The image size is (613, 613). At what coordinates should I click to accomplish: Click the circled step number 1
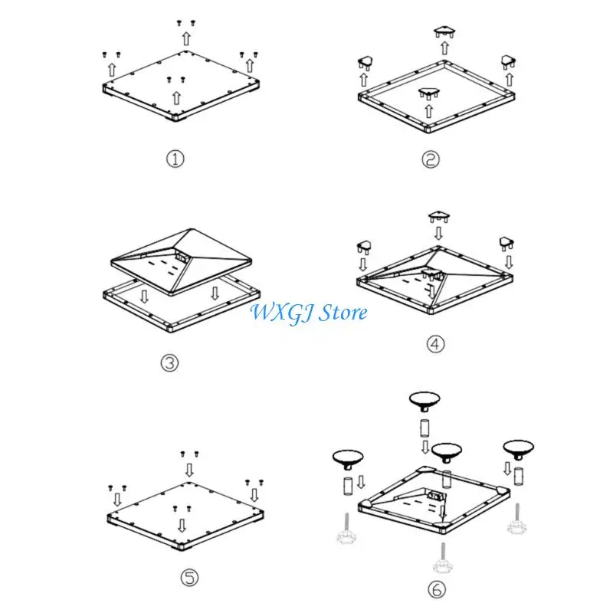pyautogui.click(x=175, y=159)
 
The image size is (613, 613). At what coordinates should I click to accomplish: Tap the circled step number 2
pyautogui.click(x=431, y=159)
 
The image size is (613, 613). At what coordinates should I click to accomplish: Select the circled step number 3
pyautogui.click(x=169, y=363)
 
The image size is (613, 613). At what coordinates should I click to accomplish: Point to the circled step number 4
pyautogui.click(x=435, y=344)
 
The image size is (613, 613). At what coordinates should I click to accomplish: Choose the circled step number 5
pyautogui.click(x=189, y=578)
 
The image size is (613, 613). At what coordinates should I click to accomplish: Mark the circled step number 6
pyautogui.click(x=436, y=589)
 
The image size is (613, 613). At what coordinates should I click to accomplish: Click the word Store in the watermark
pyautogui.click(x=343, y=313)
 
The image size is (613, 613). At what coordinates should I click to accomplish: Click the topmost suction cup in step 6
pyautogui.click(x=425, y=401)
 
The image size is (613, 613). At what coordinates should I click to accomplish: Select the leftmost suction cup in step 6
pyautogui.click(x=348, y=459)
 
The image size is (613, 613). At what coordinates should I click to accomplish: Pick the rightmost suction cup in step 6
pyautogui.click(x=519, y=450)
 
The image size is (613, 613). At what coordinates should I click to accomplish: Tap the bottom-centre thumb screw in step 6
pyautogui.click(x=443, y=559)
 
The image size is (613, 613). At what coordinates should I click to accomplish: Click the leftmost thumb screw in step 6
pyautogui.click(x=346, y=528)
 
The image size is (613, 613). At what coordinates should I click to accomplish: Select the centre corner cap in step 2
pyautogui.click(x=429, y=93)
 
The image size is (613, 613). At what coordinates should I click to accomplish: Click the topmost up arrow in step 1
pyautogui.click(x=186, y=39)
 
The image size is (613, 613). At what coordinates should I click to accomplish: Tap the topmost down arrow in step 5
pyautogui.click(x=189, y=470)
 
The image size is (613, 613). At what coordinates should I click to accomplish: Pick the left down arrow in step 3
pyautogui.click(x=144, y=296)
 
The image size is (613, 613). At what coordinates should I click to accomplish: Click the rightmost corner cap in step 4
pyautogui.click(x=506, y=243)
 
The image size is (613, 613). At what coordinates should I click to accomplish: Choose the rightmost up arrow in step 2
pyautogui.click(x=510, y=80)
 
